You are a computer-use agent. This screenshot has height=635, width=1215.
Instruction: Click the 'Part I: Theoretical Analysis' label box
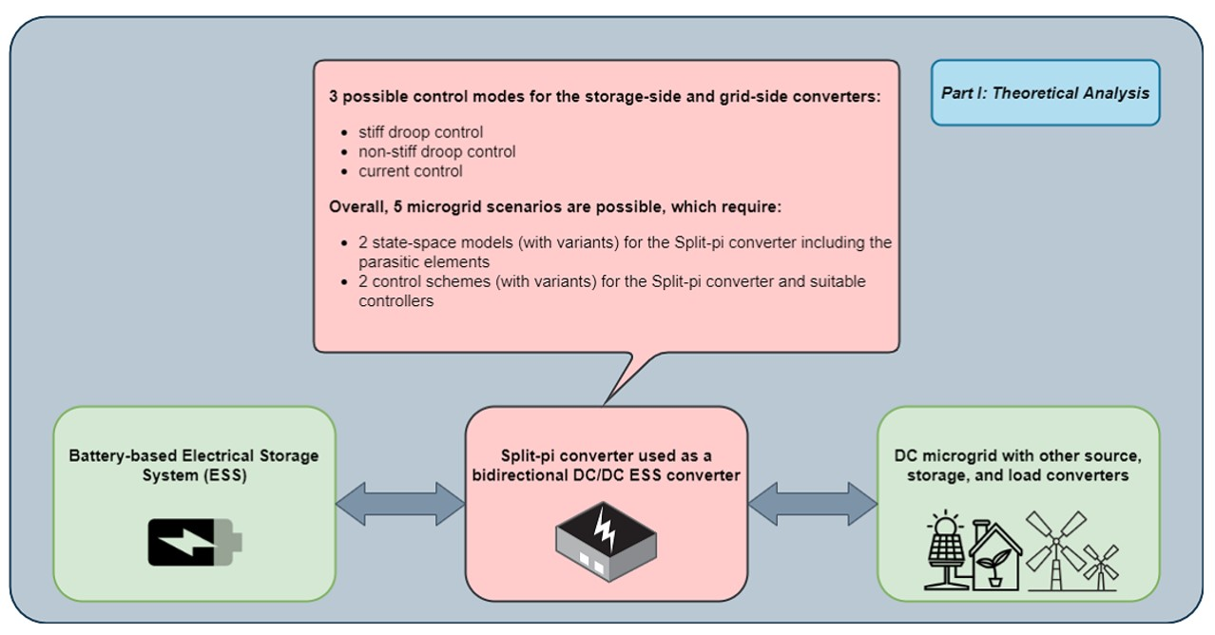pyautogui.click(x=1045, y=93)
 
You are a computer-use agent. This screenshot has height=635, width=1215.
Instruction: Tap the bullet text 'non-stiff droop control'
pyautogui.click(x=436, y=152)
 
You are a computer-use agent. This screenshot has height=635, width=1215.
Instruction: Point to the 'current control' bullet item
pyautogui.click(x=410, y=171)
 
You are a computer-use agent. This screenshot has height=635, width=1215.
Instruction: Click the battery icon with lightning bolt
pyautogui.click(x=194, y=542)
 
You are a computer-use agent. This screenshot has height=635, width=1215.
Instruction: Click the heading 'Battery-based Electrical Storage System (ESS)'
pyautogui.click(x=194, y=465)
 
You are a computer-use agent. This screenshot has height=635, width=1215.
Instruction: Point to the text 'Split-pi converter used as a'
pyautogui.click(x=605, y=456)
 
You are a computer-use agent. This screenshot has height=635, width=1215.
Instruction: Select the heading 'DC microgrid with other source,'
pyautogui.click(x=1017, y=456)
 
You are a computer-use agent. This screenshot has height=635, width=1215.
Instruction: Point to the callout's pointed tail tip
pyautogui.click(x=606, y=403)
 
